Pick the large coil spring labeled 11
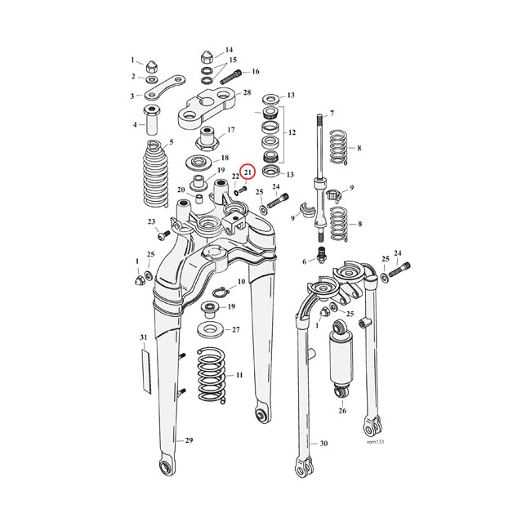click(x=209, y=375)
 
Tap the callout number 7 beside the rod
click(x=332, y=113)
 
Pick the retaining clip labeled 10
click(x=221, y=292)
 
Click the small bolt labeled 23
click(x=161, y=234)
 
